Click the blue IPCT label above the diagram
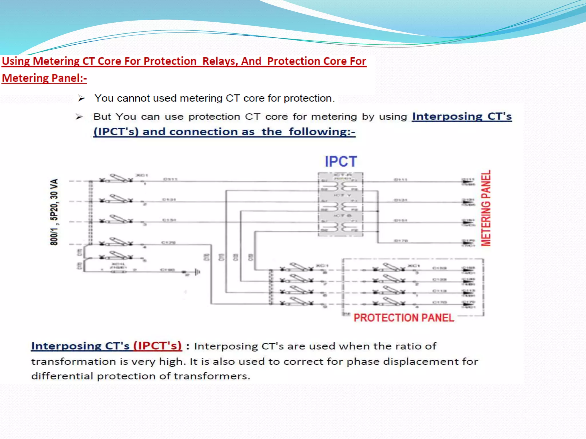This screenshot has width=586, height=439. click(x=340, y=162)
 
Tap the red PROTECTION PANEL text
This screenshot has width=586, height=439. click(x=403, y=318)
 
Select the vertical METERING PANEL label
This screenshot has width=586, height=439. click(x=486, y=208)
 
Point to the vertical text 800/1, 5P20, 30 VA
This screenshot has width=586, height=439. click(x=54, y=212)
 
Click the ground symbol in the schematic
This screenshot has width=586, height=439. click(x=197, y=272)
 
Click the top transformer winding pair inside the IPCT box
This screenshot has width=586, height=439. click(x=340, y=186)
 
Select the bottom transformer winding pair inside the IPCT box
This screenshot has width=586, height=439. click(x=340, y=227)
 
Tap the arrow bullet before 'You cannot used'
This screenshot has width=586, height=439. click(x=81, y=99)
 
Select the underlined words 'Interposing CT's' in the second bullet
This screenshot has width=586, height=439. click(x=462, y=116)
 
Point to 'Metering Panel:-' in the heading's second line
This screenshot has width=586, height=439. click(x=44, y=78)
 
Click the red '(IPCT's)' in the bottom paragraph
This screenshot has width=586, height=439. click(x=157, y=346)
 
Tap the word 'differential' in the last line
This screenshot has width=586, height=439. click(x=62, y=376)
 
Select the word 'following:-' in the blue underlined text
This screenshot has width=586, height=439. click(x=322, y=132)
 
